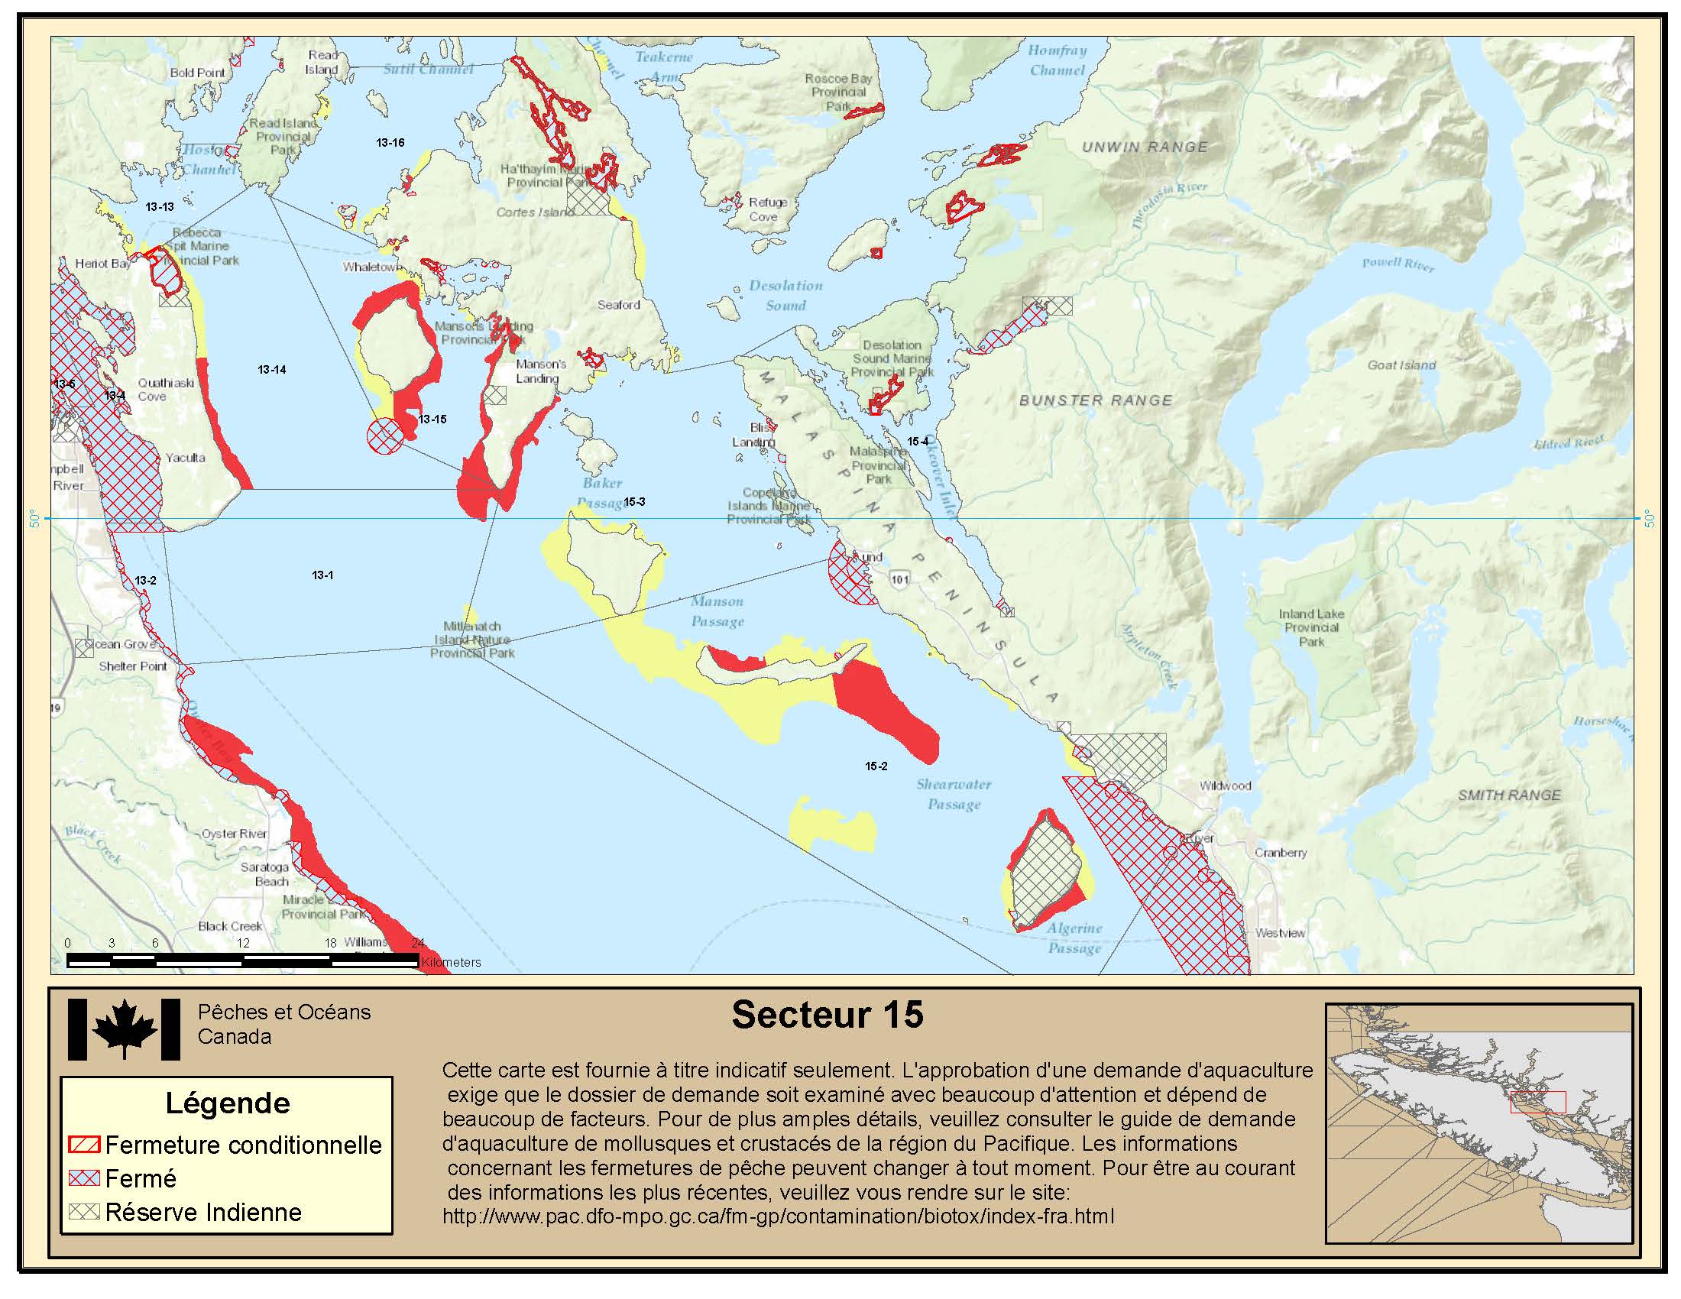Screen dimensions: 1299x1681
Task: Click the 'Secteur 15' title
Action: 827,1014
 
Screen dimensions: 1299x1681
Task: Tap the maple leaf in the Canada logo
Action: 124,1030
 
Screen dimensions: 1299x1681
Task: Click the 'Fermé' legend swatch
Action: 84,1178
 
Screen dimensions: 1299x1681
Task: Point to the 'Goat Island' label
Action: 1401,365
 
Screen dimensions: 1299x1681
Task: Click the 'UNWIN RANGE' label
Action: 1145,147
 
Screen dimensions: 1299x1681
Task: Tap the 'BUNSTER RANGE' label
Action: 1095,400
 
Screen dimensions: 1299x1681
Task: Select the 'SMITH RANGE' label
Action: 1508,795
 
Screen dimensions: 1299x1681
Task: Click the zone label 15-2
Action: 876,766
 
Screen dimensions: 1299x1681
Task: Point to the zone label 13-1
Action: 322,575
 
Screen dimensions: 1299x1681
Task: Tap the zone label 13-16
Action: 390,142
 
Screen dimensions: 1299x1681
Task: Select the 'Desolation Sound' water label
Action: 785,296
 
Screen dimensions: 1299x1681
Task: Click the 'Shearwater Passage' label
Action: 954,794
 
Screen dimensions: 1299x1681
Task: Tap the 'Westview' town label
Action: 1280,933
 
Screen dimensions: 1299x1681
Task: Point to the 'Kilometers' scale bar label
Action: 451,962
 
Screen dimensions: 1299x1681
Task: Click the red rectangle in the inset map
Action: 1537,1102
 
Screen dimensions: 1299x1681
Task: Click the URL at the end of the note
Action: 777,1216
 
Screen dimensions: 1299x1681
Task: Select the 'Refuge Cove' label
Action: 766,209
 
